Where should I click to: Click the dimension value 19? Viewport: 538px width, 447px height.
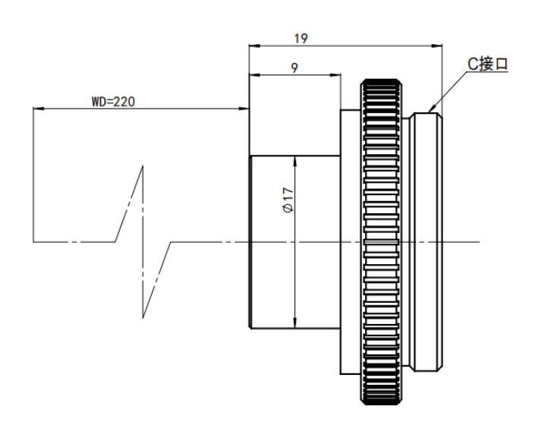click(301, 39)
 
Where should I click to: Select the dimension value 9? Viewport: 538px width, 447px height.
click(294, 68)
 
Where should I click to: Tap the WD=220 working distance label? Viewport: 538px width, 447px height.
click(113, 102)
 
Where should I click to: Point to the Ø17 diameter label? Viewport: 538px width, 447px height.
click(288, 200)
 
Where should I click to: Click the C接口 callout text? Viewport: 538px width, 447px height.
click(487, 64)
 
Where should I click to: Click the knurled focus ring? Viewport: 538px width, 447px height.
click(381, 242)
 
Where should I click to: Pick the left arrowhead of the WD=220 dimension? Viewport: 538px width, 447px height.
click(39, 109)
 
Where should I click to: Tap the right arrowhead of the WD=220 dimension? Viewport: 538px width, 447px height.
click(244, 109)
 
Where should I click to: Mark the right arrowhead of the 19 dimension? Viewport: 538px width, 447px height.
click(437, 46)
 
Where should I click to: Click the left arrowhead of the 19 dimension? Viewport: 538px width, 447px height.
click(255, 46)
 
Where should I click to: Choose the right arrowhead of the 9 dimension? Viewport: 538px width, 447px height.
click(335, 75)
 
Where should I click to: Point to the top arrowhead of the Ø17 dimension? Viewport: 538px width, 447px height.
click(295, 162)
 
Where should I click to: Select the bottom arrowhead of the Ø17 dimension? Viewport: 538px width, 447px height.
click(295, 323)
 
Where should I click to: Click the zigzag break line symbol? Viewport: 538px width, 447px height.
click(143, 242)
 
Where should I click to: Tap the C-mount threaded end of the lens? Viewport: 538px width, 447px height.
click(427, 242)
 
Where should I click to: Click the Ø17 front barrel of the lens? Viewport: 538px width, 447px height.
click(295, 242)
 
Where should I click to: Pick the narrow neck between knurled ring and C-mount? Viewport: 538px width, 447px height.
click(407, 242)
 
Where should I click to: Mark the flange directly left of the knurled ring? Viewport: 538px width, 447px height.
click(351, 242)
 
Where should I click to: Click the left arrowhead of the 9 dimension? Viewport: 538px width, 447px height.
click(255, 75)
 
